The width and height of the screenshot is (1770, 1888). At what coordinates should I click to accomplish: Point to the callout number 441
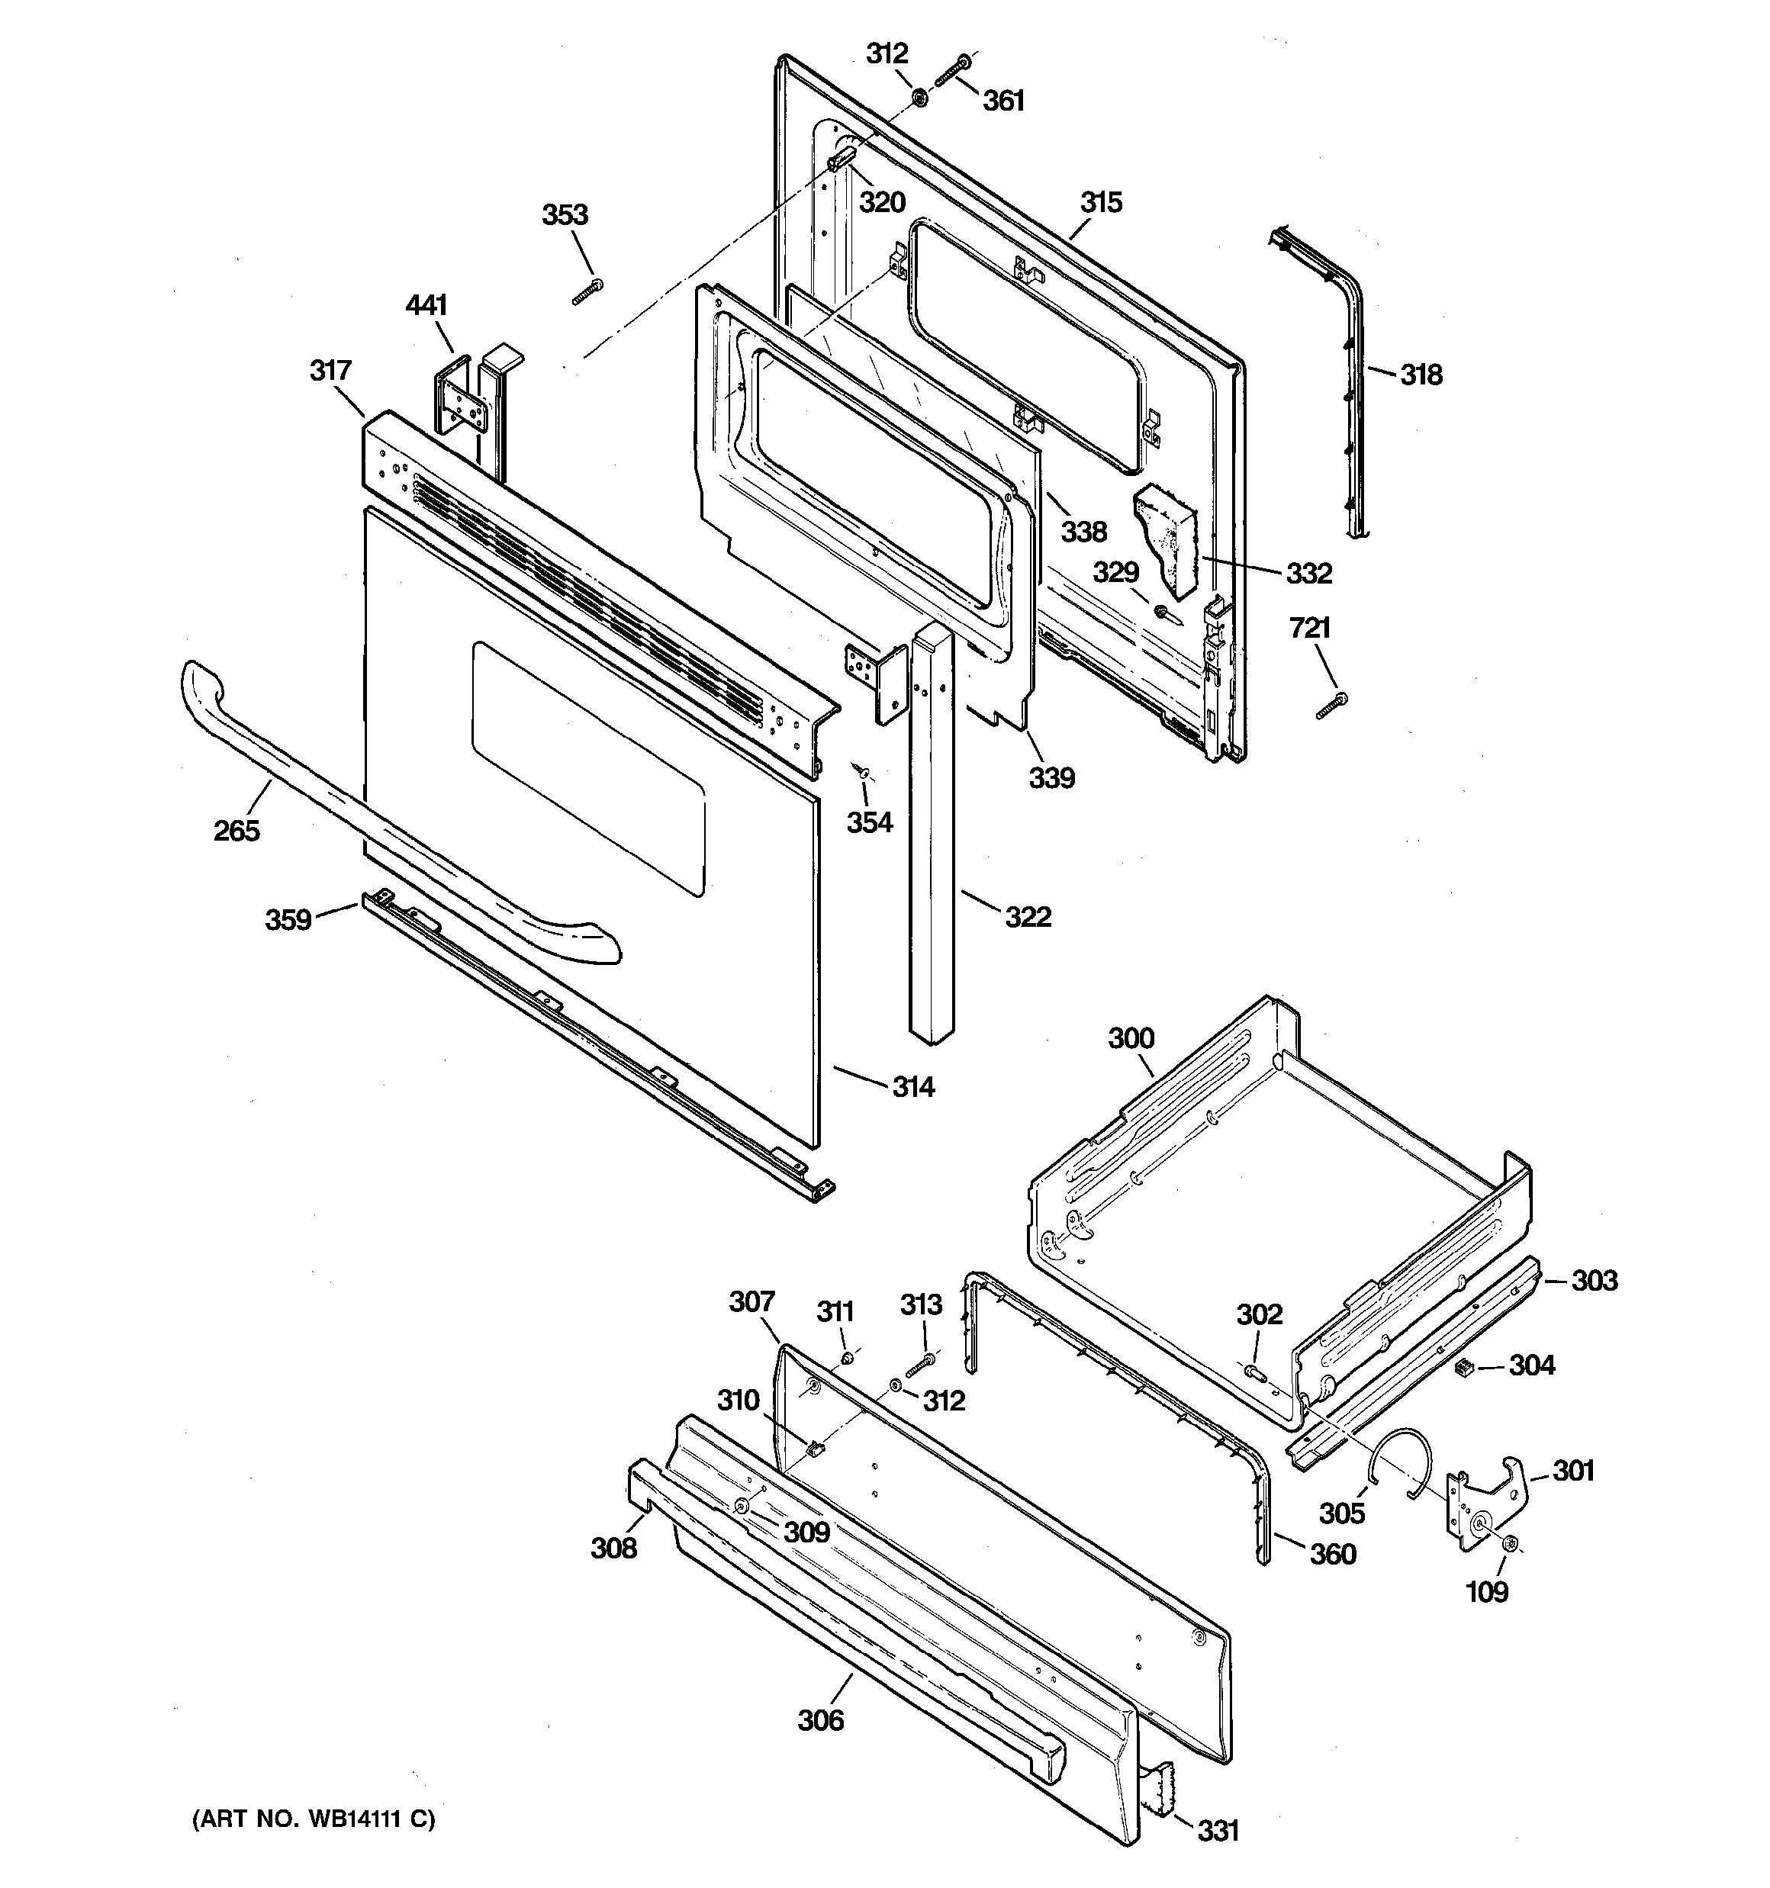[x=426, y=305]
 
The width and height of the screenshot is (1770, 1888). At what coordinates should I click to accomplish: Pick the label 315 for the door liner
[x=1101, y=202]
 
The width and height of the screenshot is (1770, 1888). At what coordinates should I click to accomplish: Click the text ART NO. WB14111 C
[x=314, y=1819]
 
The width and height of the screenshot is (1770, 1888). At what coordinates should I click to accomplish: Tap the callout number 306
[x=820, y=1720]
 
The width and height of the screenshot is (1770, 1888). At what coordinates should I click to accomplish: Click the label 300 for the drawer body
[x=1131, y=1038]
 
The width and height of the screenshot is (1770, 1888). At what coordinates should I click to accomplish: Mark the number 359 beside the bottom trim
[x=288, y=919]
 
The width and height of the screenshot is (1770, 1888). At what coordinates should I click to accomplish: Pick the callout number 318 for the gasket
[x=1421, y=375]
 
